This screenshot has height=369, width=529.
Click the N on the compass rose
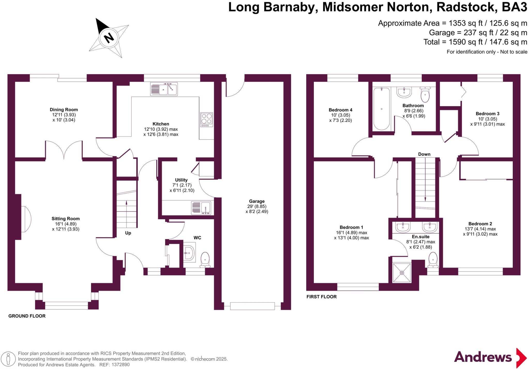109,38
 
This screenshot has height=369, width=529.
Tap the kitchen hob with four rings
207,120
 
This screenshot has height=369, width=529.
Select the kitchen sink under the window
164,89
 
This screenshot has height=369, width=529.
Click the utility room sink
201,208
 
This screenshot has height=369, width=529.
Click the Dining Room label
64,110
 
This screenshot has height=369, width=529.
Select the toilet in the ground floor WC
205,260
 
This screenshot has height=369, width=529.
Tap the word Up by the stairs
128,233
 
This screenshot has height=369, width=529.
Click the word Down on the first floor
424,154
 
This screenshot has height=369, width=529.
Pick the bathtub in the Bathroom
382,109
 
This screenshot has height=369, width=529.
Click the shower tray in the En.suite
402,273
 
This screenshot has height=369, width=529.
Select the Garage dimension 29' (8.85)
257,206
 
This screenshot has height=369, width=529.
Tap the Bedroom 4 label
340,110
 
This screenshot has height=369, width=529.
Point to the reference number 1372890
120,365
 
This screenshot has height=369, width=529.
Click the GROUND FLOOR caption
27,316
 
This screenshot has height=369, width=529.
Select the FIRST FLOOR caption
322,297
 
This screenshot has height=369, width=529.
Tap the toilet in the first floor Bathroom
425,95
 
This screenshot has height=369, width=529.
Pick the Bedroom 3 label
487,114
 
